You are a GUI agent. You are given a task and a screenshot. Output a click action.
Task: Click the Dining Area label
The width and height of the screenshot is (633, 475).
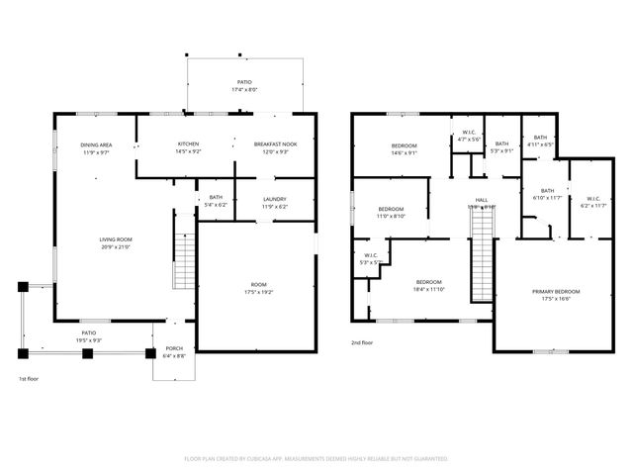coord(95,145)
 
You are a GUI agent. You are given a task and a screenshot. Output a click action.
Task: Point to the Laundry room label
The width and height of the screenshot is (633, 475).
coord(274,199)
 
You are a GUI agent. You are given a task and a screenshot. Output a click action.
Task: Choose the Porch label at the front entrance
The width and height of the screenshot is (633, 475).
coord(174,347)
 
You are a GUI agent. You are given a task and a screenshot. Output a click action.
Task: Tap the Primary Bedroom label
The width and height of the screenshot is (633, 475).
coord(555,291)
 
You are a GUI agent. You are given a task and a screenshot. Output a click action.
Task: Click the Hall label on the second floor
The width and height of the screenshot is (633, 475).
coord(482,201)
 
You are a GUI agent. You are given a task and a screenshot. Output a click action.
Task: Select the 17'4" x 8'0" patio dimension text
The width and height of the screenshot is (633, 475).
coord(243,90)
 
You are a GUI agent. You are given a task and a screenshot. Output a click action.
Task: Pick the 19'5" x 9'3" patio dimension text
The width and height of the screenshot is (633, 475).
coord(88,339)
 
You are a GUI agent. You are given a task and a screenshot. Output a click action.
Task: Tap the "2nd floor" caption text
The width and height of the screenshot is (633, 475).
coord(363,342)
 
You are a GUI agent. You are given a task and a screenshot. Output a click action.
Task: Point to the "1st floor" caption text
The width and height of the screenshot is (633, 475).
coord(29,378)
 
